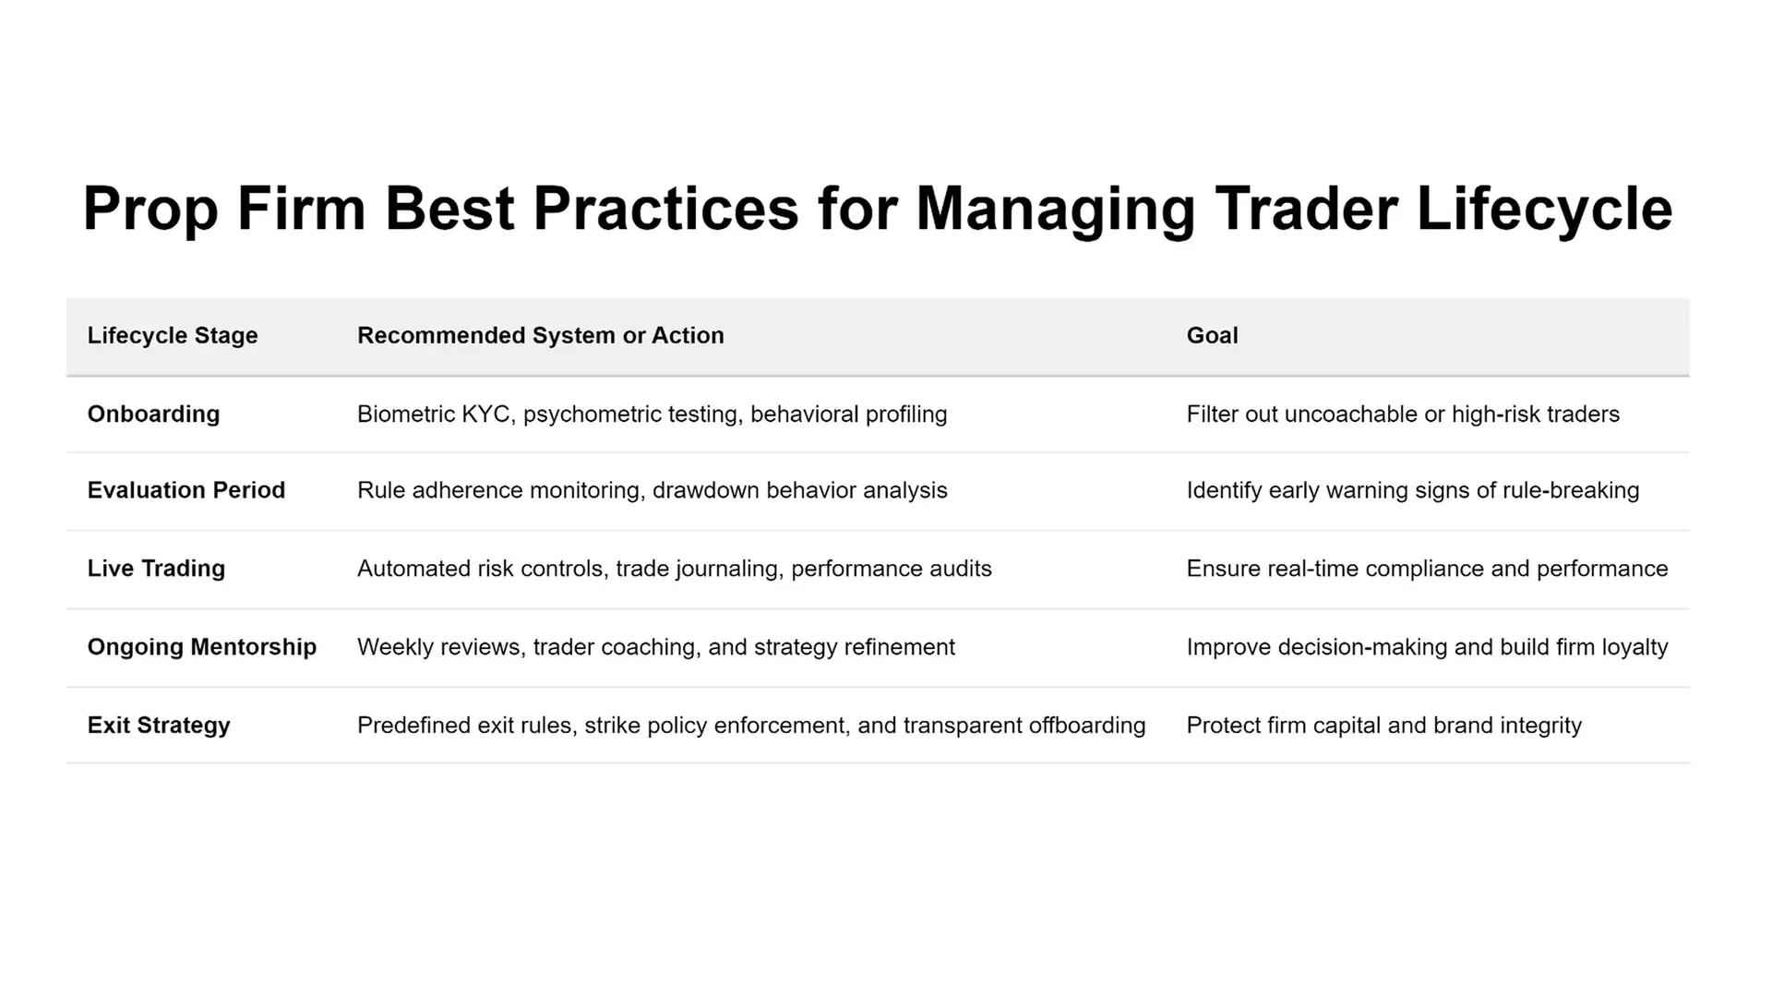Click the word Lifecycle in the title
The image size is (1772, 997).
click(x=1544, y=209)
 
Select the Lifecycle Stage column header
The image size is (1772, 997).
click(x=173, y=335)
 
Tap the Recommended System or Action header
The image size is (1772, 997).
click(x=541, y=335)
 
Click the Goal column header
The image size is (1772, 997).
click(x=1212, y=335)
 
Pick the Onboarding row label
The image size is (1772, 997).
click(x=154, y=414)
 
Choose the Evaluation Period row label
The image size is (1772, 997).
click(x=186, y=490)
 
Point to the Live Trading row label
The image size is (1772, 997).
click(x=156, y=569)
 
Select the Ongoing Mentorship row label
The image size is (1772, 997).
click(x=202, y=647)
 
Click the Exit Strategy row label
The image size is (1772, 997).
click(x=159, y=726)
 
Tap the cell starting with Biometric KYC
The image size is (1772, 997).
click(x=653, y=414)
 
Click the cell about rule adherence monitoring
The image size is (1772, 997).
click(x=653, y=490)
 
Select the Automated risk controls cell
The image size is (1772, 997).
click(x=675, y=569)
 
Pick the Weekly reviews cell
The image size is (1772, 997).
click(x=656, y=647)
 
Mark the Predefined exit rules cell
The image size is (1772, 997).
click(x=751, y=726)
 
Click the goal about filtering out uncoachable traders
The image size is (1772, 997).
click(x=1403, y=414)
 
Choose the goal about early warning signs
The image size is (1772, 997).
click(x=1413, y=490)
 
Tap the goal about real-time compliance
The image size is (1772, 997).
click(x=1428, y=569)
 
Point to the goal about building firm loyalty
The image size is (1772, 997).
click(x=1428, y=647)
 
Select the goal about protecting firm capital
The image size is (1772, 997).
click(x=1384, y=726)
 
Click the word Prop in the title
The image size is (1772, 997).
click(x=150, y=209)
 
